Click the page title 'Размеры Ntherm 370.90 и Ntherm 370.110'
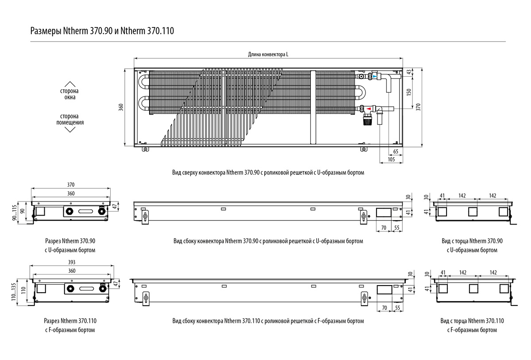click(102, 31)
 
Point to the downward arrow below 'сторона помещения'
click(69, 129)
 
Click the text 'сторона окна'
click(69, 94)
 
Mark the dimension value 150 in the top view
click(409, 92)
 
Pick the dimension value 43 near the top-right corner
click(409, 72)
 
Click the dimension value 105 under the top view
click(391, 159)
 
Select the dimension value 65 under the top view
click(395, 152)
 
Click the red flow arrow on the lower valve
click(368, 108)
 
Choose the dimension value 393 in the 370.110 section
click(71, 263)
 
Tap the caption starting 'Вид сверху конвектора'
click(268, 173)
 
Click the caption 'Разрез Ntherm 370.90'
click(70, 241)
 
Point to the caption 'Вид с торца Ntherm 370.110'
click(472, 321)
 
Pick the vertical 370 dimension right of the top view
click(419, 107)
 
